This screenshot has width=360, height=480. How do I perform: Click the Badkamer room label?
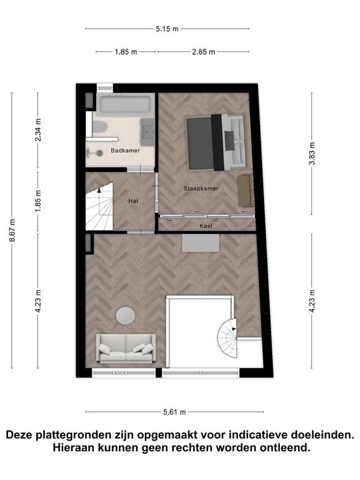[125, 151]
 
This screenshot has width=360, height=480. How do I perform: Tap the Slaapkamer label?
[201, 189]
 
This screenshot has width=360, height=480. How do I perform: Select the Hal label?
[133, 201]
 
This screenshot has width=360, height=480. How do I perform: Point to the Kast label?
[206, 226]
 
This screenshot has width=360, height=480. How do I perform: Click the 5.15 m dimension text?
[167, 29]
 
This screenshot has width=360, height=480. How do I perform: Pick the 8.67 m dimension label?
[12, 230]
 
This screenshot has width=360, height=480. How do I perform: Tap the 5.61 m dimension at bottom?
[174, 412]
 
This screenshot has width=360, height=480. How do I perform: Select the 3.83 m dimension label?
[312, 154]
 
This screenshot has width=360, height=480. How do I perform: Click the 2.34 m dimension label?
[38, 130]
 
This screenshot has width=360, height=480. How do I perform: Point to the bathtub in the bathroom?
[126, 104]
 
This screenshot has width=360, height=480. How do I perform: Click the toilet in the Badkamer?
[99, 127]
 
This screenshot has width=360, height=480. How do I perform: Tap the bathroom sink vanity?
[147, 132]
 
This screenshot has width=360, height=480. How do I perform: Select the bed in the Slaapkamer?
[219, 142]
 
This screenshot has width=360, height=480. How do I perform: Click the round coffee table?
[126, 316]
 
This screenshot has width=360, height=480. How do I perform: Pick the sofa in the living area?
[126, 348]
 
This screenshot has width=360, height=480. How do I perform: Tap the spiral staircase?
[227, 338]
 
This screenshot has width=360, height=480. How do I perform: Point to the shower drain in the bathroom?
[99, 152]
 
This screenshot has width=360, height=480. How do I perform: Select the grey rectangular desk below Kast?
[201, 243]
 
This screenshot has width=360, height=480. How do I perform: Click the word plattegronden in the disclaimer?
[71, 435]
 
